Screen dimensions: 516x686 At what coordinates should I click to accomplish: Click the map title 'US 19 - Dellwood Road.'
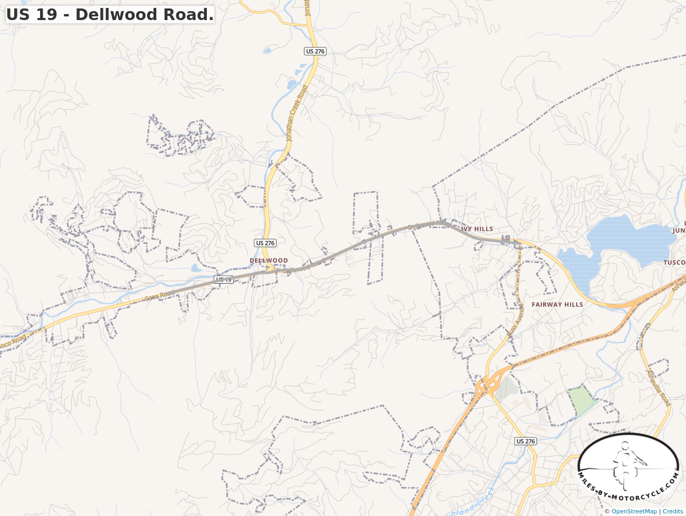(x=110, y=14)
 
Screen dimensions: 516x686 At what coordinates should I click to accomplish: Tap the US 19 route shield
(x=224, y=279)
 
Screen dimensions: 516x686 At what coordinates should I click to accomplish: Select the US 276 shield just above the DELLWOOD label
(x=265, y=243)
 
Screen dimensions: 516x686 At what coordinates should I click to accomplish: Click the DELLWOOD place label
(x=269, y=260)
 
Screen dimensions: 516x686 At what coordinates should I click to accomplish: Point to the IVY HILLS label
(x=477, y=229)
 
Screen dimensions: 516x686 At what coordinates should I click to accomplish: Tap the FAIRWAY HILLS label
(x=557, y=305)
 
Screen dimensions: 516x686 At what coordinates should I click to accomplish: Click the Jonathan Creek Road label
(x=296, y=114)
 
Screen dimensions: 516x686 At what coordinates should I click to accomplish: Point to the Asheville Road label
(x=659, y=388)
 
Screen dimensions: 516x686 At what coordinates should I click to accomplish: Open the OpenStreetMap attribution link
(x=634, y=511)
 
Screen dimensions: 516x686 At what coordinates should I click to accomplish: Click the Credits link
(x=673, y=511)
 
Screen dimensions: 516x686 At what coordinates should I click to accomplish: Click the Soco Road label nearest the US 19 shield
(x=159, y=296)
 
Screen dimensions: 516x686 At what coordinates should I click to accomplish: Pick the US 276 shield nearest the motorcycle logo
(x=526, y=441)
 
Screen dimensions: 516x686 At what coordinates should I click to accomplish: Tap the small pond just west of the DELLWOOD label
(x=196, y=268)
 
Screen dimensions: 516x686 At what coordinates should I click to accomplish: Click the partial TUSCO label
(x=674, y=262)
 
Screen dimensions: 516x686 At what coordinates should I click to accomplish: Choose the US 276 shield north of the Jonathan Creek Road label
(x=316, y=51)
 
